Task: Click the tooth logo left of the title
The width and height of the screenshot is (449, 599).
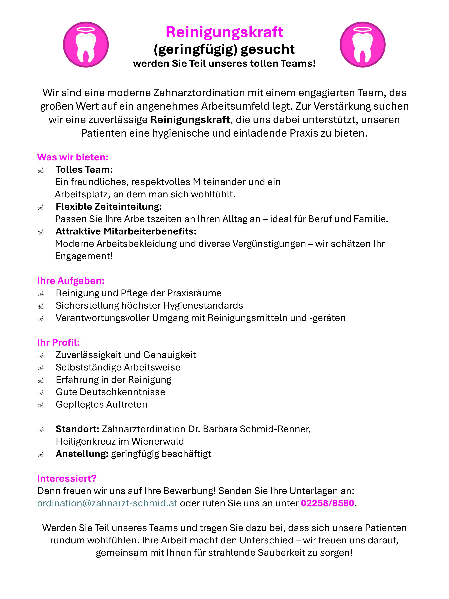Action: point(86,45)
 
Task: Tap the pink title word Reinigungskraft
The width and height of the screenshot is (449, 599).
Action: point(224,32)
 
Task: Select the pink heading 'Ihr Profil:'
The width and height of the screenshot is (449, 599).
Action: point(58,343)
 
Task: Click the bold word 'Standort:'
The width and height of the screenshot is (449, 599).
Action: point(77,429)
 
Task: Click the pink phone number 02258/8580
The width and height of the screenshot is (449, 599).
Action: point(327,503)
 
